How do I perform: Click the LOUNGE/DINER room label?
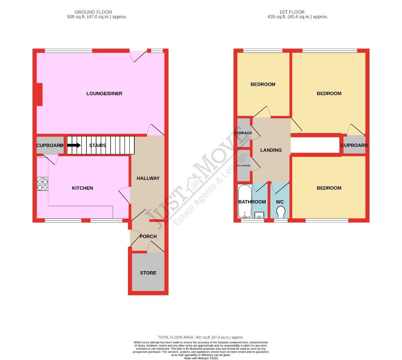[104, 94]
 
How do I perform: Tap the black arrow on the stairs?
[74, 145]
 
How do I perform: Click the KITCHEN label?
[82, 188]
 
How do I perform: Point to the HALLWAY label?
[148, 178]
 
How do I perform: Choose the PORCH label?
[148, 236]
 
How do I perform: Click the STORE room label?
[148, 273]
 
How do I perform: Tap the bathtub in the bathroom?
[244, 201]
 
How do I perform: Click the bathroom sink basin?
[259, 215]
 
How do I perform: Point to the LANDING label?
[271, 150]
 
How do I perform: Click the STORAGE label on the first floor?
[243, 133]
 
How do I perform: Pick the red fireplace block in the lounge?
[40, 94]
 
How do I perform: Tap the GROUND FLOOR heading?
[93, 12]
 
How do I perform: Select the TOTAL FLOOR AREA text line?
[201, 337]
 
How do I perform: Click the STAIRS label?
[97, 145]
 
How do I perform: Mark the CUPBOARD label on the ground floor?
[50, 145]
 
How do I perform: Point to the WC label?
[280, 202]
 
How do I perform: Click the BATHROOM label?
[252, 202]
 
